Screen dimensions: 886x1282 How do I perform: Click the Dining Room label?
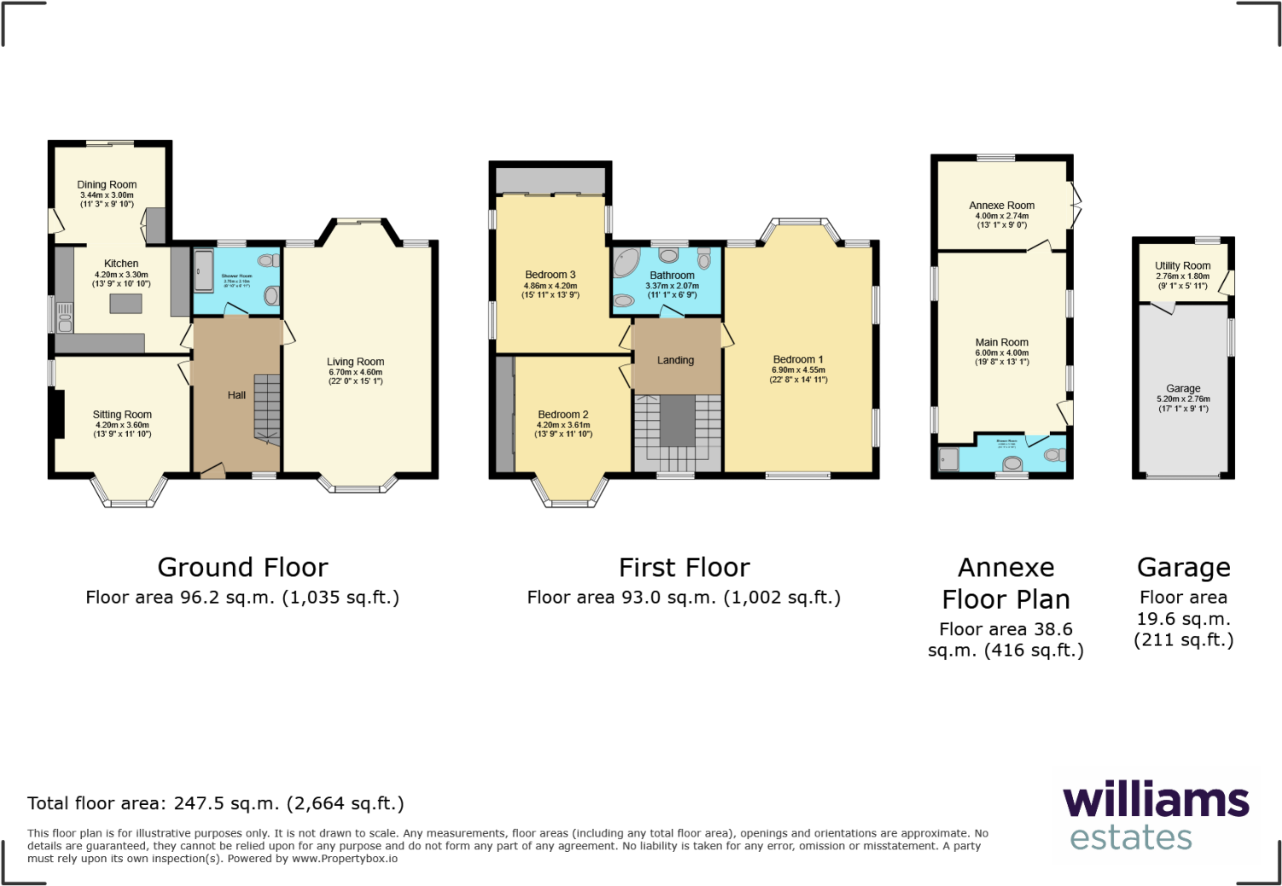pyautogui.click(x=107, y=184)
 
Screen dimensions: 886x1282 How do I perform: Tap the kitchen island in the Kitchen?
pyautogui.click(x=126, y=303)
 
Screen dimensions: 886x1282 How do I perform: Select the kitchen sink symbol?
pyautogui.click(x=65, y=318)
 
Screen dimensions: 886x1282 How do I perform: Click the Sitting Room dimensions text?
pyautogui.click(x=122, y=429)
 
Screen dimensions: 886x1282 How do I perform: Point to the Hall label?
pyautogui.click(x=236, y=395)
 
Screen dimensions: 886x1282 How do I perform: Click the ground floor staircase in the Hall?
pyautogui.click(x=267, y=408)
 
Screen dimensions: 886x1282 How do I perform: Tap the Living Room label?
pyautogui.click(x=355, y=362)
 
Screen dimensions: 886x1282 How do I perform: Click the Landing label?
pyautogui.click(x=675, y=360)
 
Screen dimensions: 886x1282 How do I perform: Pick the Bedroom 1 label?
pyautogui.click(x=798, y=359)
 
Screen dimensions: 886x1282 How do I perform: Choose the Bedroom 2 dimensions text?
pyautogui.click(x=563, y=429)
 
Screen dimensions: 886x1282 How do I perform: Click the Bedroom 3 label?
pyautogui.click(x=551, y=275)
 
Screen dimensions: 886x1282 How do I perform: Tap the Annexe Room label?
pyautogui.click(x=1002, y=206)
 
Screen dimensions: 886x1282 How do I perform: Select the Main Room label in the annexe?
pyautogui.click(x=1002, y=342)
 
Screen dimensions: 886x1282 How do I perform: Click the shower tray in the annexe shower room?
pyautogui.click(x=949, y=459)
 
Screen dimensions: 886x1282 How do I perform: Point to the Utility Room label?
pyautogui.click(x=1183, y=265)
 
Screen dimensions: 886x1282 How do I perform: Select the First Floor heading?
pyautogui.click(x=685, y=568)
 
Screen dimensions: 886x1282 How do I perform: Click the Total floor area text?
pyautogui.click(x=216, y=803)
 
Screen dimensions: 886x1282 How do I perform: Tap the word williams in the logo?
pyautogui.click(x=1156, y=801)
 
